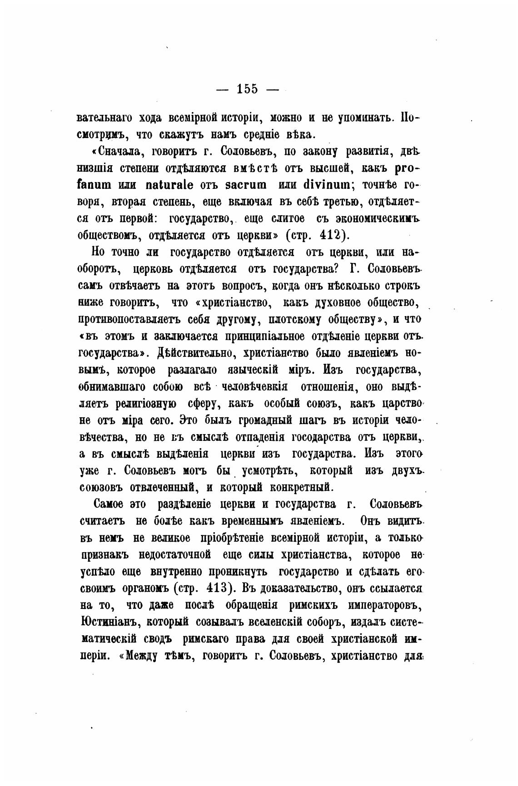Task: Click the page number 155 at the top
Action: (247, 89)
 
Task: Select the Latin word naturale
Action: (169, 185)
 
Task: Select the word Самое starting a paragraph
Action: (109, 504)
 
